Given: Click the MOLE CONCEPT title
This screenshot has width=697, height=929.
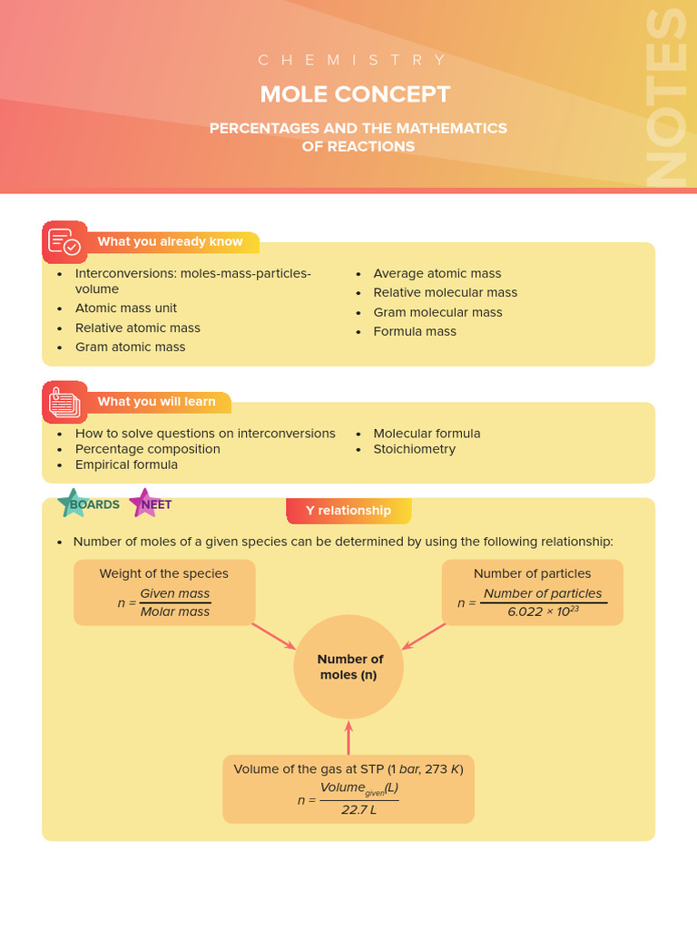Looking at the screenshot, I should click(x=355, y=94).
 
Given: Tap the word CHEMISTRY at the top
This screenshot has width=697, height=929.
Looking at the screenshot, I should click(x=353, y=60).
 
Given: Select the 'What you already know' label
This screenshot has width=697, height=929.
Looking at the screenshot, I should click(x=171, y=242).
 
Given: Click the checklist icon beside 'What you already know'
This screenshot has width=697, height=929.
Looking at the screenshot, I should click(x=64, y=242).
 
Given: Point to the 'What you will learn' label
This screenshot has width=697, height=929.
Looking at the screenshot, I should click(x=157, y=402).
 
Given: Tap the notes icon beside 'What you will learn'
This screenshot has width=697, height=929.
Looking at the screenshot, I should click(x=64, y=402).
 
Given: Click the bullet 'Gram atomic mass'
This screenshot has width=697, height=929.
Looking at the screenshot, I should click(x=130, y=347).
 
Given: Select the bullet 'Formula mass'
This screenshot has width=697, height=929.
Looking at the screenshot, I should click(x=415, y=331).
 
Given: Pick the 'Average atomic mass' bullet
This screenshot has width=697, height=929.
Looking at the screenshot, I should click(x=437, y=273).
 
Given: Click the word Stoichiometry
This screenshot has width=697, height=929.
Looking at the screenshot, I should click(x=414, y=449).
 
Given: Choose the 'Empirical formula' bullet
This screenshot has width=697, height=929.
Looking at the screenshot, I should click(x=126, y=464).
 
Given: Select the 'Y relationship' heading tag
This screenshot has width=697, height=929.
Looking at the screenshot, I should click(x=348, y=511).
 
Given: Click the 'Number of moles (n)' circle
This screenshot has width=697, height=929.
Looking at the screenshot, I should click(x=348, y=667).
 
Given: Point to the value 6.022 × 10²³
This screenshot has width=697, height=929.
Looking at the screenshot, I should click(x=543, y=611).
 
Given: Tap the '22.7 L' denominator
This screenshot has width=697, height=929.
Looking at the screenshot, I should click(x=358, y=809).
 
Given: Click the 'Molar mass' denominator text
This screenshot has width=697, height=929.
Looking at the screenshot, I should click(x=175, y=611).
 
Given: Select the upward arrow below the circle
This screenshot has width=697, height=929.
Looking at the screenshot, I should click(x=348, y=737).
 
